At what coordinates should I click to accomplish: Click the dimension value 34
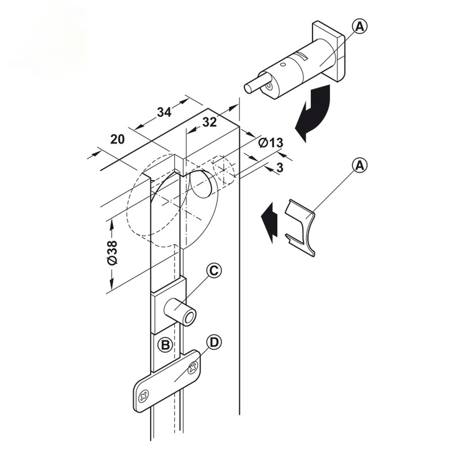[x=164, y=112]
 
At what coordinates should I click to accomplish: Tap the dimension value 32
[x=209, y=122]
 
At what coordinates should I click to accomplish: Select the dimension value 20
[x=118, y=139]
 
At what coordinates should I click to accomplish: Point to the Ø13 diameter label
[x=270, y=142]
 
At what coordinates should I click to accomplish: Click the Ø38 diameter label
[x=113, y=252]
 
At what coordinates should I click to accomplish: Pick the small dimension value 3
[x=280, y=167]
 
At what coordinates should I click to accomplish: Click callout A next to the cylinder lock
[x=359, y=27]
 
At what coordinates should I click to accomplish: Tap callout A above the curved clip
[x=360, y=166]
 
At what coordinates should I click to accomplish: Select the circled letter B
[x=165, y=345]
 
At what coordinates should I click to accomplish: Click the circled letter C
[x=214, y=271]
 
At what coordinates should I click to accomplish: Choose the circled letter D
[x=214, y=342]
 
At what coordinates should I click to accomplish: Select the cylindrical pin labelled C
[x=180, y=313]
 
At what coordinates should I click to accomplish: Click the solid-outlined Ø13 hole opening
[x=201, y=184]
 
